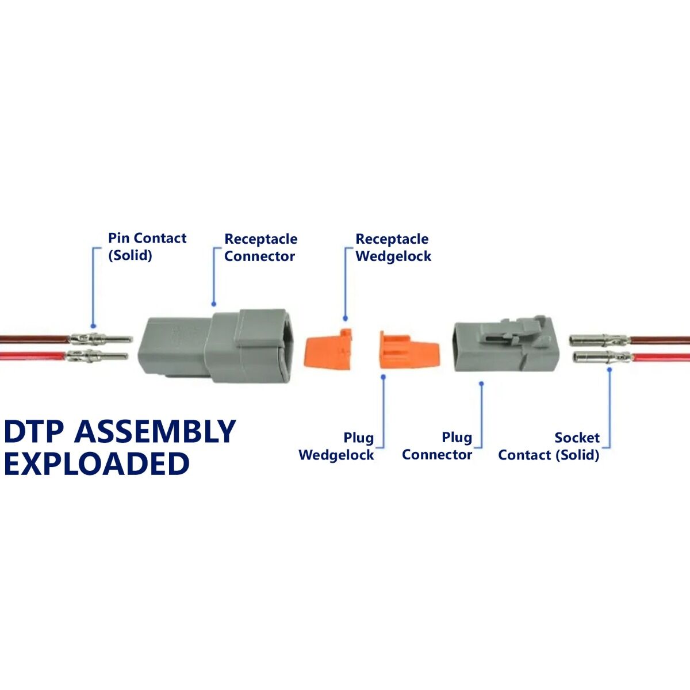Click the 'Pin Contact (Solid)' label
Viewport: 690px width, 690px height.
(147, 246)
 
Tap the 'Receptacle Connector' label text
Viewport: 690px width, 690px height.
(260, 247)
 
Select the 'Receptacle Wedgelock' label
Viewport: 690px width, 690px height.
(393, 247)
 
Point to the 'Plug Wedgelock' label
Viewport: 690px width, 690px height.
(336, 446)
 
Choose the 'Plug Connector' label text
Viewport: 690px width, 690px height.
(437, 446)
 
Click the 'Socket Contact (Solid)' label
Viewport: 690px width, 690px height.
(549, 446)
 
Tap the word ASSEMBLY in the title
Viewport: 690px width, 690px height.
(155, 431)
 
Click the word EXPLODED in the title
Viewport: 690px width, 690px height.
(97, 463)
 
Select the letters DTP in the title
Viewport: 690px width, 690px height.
(34, 431)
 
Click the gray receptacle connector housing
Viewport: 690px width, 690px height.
(216, 346)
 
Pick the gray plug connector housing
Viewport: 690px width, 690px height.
(506, 344)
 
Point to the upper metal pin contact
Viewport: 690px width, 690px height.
(102, 338)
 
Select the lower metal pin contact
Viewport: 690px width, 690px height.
(97, 356)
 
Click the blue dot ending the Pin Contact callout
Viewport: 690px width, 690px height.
(94, 326)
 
